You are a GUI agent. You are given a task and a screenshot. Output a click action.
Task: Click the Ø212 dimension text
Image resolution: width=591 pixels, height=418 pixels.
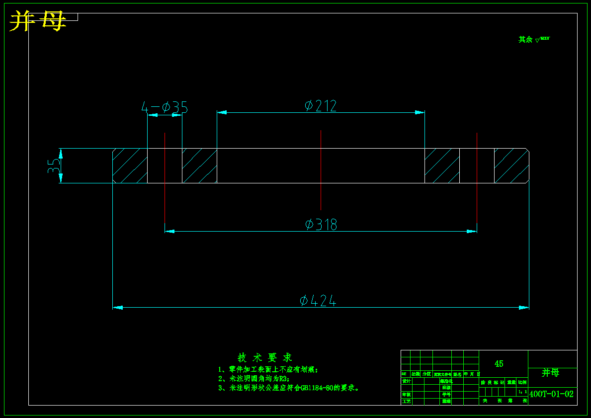321,106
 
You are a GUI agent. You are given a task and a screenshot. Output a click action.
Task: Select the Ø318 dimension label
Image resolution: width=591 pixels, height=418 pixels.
321,225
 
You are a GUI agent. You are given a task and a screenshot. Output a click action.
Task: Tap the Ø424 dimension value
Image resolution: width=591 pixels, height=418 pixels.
318,301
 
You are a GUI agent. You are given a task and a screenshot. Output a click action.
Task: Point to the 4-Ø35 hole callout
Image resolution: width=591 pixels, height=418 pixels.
165,107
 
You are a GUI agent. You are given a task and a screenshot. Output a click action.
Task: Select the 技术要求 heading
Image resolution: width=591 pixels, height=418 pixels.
265,357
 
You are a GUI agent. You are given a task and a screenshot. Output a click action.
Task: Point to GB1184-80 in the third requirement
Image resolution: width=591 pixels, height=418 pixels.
317,388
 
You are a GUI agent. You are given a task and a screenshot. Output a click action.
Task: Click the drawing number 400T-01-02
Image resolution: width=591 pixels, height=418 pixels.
552,394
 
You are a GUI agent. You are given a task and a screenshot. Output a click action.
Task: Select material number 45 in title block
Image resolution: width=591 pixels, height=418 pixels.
499,364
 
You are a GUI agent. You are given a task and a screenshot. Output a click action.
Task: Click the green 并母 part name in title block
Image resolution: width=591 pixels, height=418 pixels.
550,373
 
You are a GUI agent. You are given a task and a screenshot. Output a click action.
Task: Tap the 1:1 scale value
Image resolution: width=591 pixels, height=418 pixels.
522,392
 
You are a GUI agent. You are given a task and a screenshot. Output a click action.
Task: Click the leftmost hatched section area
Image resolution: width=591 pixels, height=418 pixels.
130,166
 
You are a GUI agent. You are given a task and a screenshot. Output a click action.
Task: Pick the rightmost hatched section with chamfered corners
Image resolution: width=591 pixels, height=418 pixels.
511,166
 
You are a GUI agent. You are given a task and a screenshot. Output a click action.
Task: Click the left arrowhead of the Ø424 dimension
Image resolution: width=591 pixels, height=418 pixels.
118,308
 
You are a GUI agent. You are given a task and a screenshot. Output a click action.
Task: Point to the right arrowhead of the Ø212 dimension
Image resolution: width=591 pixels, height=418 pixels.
420,112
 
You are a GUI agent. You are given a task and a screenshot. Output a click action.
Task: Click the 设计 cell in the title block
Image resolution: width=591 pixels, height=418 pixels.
407,381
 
